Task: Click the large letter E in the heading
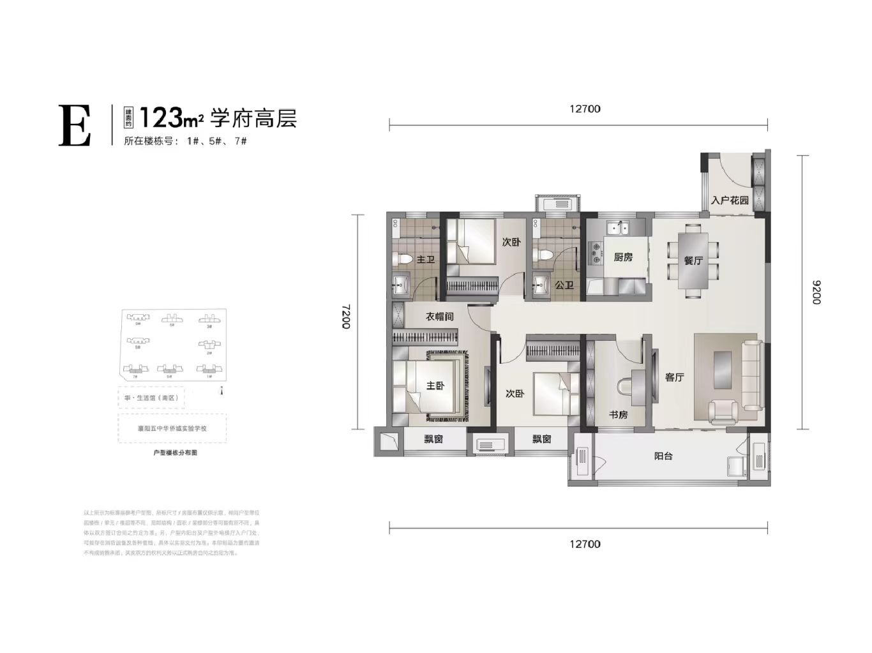[x=75, y=125]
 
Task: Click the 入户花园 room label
[x=730, y=200]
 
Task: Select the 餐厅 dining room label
[x=693, y=261]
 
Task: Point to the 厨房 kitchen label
[x=623, y=257]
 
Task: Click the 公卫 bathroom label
[x=564, y=285]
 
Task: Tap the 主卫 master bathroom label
[x=425, y=260]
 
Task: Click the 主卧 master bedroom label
[x=435, y=386]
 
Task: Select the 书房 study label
[x=618, y=414]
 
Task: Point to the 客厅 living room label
[x=674, y=377]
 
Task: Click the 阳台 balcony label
[x=663, y=456]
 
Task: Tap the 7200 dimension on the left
[x=345, y=317]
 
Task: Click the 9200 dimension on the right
[x=816, y=292]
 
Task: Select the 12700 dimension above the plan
[x=585, y=109]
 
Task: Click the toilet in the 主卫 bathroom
[x=402, y=259]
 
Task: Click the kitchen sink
[x=617, y=228]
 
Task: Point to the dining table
[x=693, y=261]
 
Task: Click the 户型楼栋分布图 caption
[x=171, y=451]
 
